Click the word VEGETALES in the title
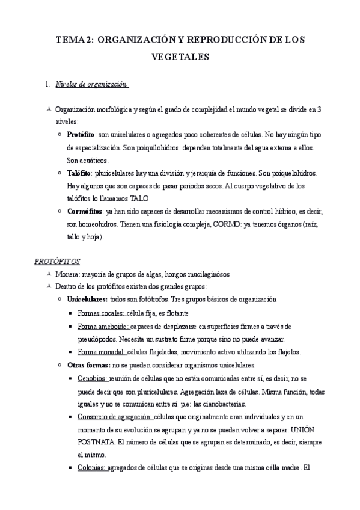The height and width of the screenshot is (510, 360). click(180, 57)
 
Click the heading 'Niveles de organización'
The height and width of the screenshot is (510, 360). click(91, 84)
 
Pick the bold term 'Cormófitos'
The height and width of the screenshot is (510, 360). click(84, 212)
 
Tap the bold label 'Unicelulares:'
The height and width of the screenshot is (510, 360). click(87, 300)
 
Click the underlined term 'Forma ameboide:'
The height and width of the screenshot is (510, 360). click(103, 326)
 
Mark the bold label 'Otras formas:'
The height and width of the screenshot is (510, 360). click(85, 365)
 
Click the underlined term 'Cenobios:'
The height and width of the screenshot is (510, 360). click(93, 378)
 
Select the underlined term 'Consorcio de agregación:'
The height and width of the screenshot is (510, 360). click(115, 417)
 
